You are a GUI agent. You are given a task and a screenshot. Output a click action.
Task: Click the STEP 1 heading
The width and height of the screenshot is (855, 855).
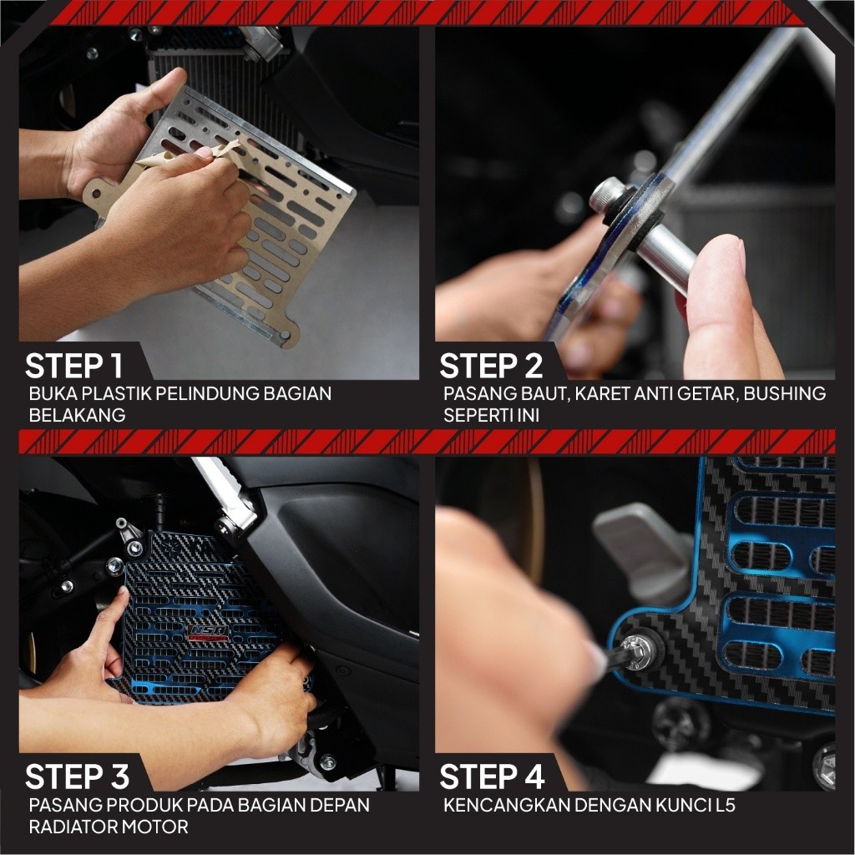pos(73,366)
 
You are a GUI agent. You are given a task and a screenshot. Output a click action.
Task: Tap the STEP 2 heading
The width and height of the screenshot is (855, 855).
pos(491,366)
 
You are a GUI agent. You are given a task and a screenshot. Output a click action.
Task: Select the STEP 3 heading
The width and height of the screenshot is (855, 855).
pos(77,777)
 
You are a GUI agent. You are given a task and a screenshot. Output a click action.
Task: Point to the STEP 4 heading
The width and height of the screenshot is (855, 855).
pos(492,777)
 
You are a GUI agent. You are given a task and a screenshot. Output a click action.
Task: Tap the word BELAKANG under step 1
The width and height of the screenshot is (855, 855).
pos(77,416)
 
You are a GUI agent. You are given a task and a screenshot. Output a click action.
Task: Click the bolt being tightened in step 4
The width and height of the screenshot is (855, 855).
pos(637,653)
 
